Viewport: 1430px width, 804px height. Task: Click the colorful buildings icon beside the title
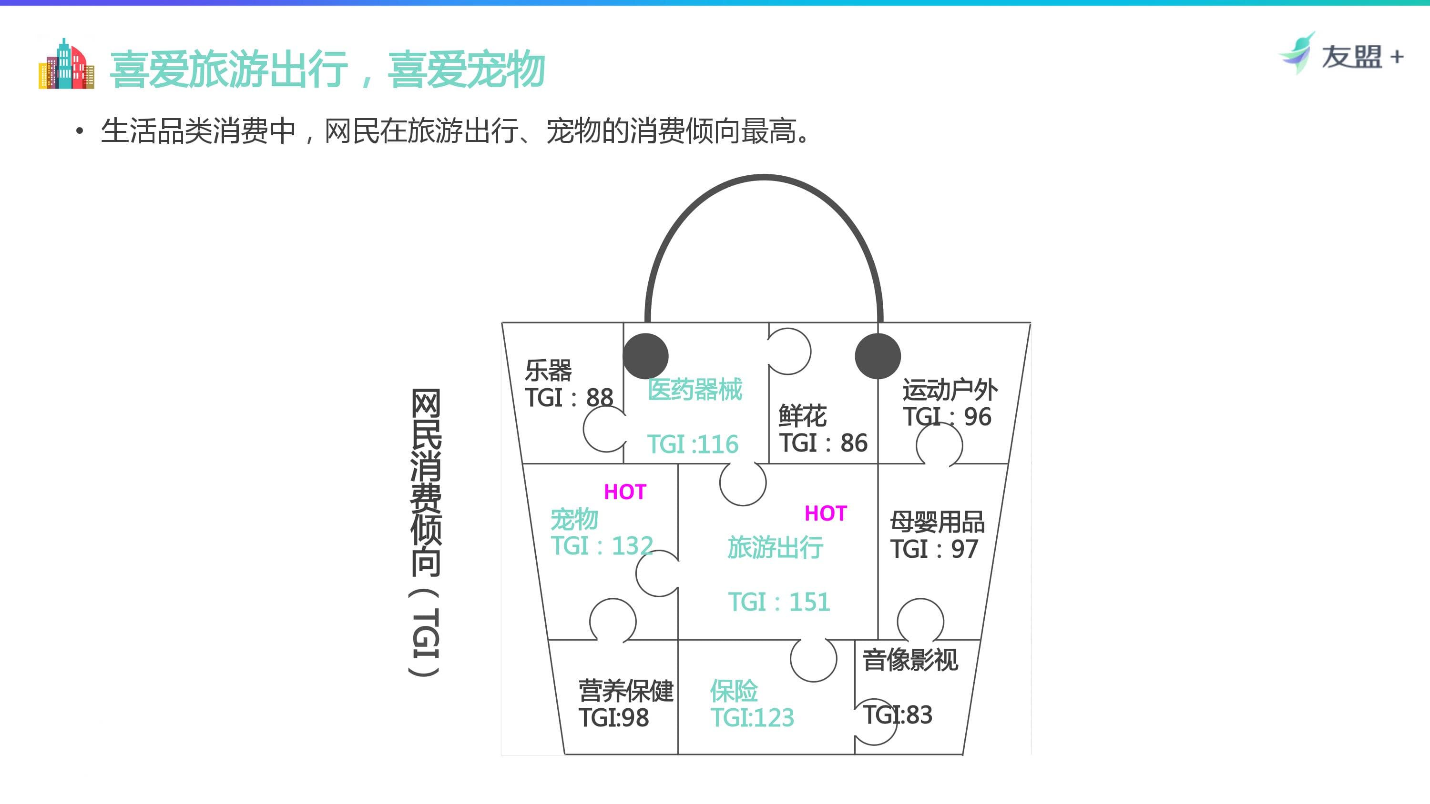(66, 64)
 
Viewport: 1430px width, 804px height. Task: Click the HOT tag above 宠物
(625, 492)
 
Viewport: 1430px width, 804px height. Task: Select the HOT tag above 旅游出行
(826, 514)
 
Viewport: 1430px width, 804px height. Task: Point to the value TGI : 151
(779, 602)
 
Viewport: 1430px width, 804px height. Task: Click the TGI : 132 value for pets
(602, 546)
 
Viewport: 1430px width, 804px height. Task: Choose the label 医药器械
(695, 390)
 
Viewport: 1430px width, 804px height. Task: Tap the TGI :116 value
(693, 444)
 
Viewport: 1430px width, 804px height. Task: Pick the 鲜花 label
(803, 416)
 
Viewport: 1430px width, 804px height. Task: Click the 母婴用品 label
(938, 522)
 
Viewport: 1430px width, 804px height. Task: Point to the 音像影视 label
(910, 660)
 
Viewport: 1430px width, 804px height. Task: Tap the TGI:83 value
(898, 714)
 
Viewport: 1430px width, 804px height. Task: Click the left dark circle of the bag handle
(645, 356)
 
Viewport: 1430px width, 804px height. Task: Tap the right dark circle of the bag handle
(878, 356)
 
